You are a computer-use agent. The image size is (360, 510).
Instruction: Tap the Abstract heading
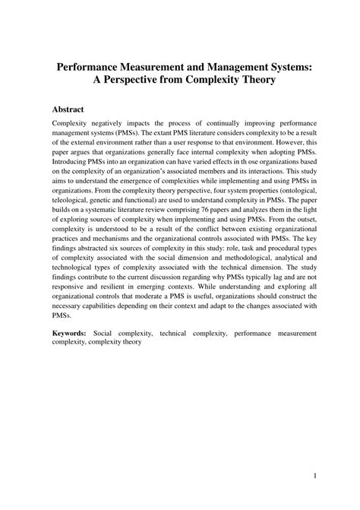click(73, 109)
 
